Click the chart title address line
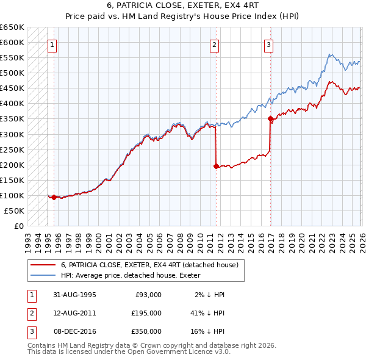[182, 5]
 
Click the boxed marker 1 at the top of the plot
[52, 44]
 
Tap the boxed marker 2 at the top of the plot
[215, 44]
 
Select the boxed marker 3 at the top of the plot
[268, 44]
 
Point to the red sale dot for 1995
[54, 197]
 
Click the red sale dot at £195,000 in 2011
[216, 166]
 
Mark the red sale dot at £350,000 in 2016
[270, 119]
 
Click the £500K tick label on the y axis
[12, 73]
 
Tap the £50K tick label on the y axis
[14, 211]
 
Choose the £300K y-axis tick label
[12, 134]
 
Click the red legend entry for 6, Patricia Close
[152, 265]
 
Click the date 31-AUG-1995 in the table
[74, 295]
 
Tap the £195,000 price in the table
[146, 313]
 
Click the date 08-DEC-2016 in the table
[74, 331]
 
